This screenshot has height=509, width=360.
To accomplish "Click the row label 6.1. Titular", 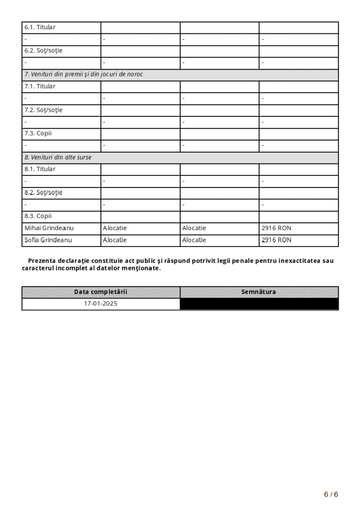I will click(40, 27).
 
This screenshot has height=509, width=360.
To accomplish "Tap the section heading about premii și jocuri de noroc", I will click(84, 75).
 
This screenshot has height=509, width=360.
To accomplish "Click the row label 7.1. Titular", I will click(40, 86).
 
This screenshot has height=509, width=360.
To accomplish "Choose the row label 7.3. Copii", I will click(38, 133).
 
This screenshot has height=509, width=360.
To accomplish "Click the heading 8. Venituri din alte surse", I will click(58, 157).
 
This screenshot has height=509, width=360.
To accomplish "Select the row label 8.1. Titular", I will click(40, 169).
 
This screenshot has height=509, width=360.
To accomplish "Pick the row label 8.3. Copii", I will click(38, 216).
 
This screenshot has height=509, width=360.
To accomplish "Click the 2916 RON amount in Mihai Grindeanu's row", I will click(276, 228).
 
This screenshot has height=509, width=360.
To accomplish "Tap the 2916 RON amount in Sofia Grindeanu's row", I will click(276, 240).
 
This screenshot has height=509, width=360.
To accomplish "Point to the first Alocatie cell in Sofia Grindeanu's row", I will click(115, 240).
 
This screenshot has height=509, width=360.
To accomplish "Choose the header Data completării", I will click(100, 292).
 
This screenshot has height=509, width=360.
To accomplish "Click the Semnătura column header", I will click(259, 292).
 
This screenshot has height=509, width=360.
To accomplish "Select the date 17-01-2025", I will click(100, 303).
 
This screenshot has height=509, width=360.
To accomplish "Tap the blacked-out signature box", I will click(259, 304).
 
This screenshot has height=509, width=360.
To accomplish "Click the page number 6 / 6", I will click(331, 494).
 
